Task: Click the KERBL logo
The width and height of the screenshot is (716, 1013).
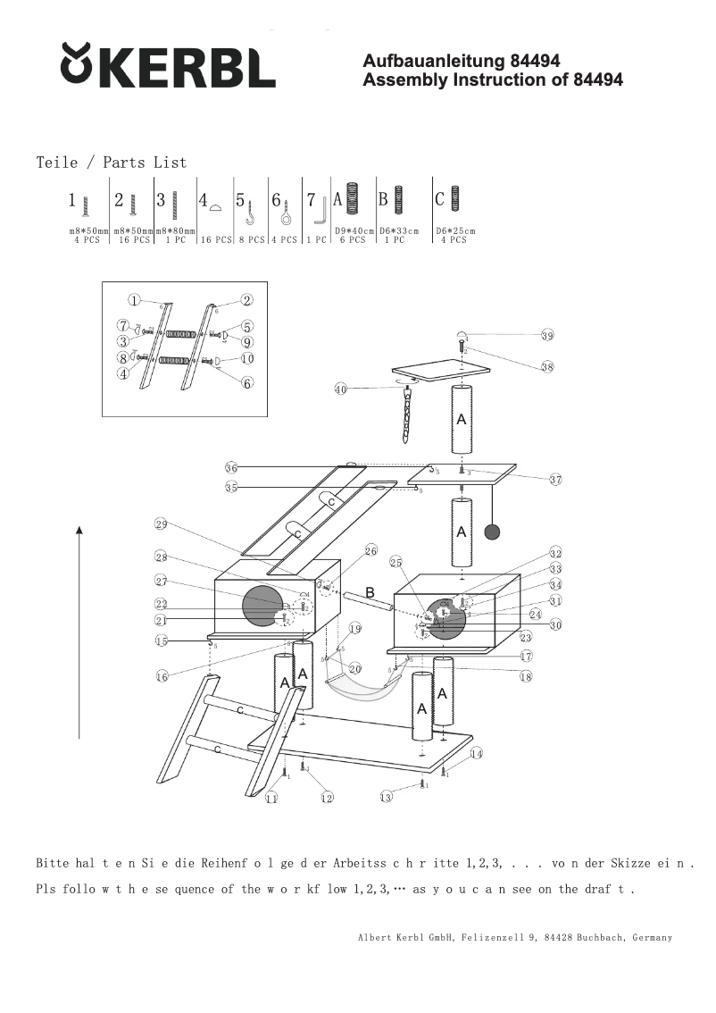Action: tap(168, 66)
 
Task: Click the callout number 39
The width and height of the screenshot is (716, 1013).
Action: tap(547, 336)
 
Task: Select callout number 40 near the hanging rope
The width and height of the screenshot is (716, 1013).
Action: tap(340, 389)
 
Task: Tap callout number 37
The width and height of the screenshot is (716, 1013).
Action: tap(555, 480)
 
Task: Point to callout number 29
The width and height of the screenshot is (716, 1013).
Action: tap(161, 523)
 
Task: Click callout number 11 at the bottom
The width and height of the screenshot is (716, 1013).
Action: tap(271, 798)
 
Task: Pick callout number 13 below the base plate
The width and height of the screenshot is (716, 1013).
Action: tap(386, 797)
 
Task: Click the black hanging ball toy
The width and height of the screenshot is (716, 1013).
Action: tap(491, 532)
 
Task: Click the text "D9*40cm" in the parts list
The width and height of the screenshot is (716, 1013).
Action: tap(354, 230)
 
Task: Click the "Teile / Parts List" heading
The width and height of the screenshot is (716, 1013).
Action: tap(112, 163)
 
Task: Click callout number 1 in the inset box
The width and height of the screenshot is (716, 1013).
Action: tap(133, 300)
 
